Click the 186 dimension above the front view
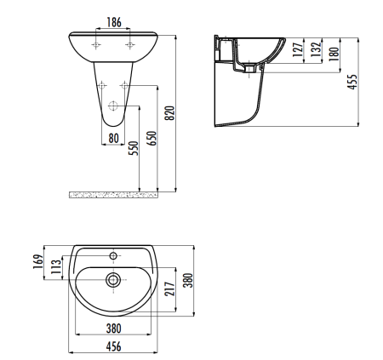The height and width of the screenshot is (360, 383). (x=115, y=20)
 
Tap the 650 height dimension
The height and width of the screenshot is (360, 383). (x=151, y=140)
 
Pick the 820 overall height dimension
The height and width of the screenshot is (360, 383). (x=169, y=111)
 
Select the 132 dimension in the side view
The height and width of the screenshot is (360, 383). (x=315, y=52)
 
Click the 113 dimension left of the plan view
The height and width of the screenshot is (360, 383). (x=57, y=268)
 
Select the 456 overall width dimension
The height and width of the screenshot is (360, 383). (x=112, y=346)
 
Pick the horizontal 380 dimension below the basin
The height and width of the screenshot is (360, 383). (x=112, y=329)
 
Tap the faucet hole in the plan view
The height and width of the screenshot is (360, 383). (x=113, y=254)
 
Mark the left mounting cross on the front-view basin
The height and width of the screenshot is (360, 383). (x=99, y=43)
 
